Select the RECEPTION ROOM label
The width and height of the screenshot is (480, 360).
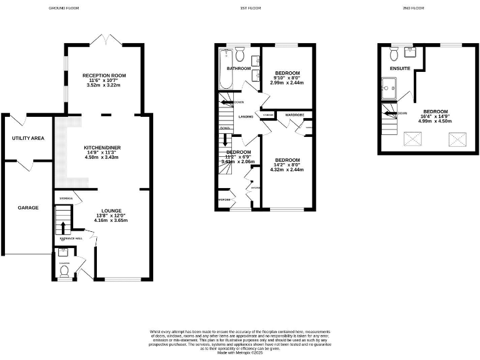pyautogui.click(x=104, y=76)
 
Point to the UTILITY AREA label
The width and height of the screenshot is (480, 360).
pyautogui.click(x=28, y=137)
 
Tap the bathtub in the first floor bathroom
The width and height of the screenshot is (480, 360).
pyautogui.click(x=225, y=71)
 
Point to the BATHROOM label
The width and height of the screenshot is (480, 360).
pyautogui.click(x=238, y=68)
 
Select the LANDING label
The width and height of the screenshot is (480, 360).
pyautogui.click(x=246, y=117)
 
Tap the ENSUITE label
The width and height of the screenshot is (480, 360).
pyautogui.click(x=400, y=67)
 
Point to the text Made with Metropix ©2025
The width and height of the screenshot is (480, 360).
pyautogui.click(x=240, y=353)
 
